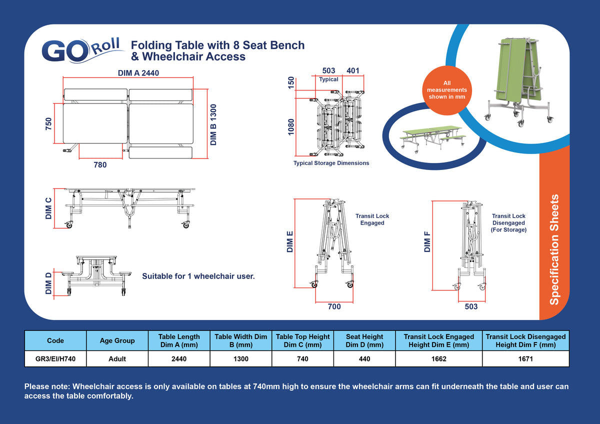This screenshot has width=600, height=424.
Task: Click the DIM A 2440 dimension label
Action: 138,73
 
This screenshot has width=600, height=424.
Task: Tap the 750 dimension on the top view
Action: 48,123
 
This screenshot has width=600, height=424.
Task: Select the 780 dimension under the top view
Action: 100,164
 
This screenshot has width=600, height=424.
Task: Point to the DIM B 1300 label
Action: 213,125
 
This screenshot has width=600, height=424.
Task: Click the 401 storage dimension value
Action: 353,70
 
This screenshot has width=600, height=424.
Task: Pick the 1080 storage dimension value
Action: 291,127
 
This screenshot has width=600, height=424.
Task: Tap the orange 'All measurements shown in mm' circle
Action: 447,90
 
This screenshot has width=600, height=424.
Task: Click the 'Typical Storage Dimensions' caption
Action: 331,163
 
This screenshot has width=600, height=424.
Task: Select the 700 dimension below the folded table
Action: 334,306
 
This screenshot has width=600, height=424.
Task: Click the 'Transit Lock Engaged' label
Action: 372,219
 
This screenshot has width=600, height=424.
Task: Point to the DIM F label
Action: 427,242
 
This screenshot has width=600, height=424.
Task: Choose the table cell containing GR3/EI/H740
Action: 55,358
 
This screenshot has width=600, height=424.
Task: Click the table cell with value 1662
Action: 439,358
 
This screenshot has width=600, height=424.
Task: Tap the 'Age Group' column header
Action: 117,340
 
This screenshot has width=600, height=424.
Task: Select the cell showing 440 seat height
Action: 364,358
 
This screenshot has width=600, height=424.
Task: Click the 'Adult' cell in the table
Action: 117,358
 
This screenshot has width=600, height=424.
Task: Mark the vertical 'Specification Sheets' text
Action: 554,249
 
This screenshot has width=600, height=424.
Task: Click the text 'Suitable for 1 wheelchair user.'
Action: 198,276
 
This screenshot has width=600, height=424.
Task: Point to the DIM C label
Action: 48,208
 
